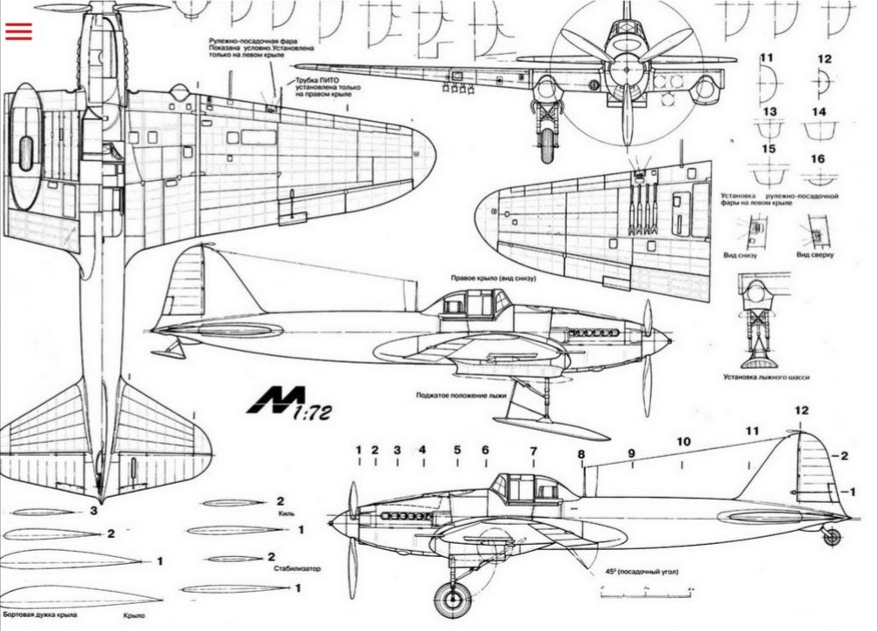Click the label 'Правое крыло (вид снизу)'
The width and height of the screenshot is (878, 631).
(492, 279)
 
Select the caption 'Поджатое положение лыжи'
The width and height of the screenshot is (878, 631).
(461, 393)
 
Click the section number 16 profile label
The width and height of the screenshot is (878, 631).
(817, 159)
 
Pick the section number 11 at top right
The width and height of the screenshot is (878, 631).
(767, 58)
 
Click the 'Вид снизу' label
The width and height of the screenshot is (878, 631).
(741, 255)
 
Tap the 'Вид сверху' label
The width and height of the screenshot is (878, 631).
(815, 255)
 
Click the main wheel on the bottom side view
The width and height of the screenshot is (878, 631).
(453, 600)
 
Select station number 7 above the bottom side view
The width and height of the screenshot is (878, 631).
(534, 450)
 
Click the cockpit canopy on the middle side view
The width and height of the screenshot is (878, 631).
(469, 303)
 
